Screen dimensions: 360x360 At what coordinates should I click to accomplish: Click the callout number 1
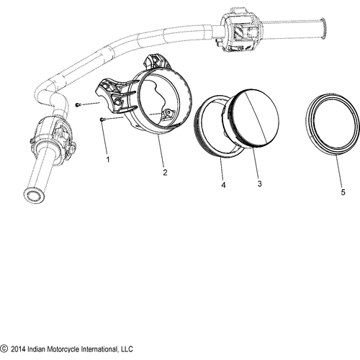108,159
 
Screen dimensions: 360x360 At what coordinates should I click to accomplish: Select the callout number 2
165,174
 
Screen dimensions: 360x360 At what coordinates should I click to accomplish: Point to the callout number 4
222,184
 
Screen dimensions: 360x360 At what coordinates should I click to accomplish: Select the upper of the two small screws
78,105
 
